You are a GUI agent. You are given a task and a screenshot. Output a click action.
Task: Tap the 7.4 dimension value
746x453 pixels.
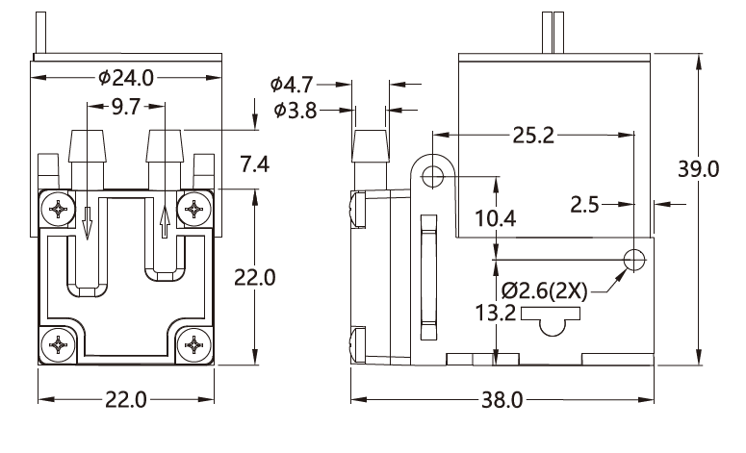pyautogui.click(x=253, y=164)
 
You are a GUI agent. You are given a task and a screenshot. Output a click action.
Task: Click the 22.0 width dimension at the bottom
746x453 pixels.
pyautogui.click(x=125, y=399)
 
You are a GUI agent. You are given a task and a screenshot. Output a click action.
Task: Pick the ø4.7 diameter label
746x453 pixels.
pyautogui.click(x=295, y=84)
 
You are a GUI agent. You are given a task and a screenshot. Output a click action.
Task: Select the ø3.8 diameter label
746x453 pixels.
pyautogui.click(x=295, y=110)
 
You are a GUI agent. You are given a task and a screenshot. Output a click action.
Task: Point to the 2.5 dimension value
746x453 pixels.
pyautogui.click(x=585, y=204)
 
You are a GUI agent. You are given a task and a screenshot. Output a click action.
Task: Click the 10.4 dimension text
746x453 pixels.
pyautogui.click(x=495, y=218)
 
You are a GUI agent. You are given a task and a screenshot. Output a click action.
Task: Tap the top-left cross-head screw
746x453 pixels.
pyautogui.click(x=60, y=207)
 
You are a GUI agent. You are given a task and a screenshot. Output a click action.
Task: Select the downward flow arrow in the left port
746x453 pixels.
pyautogui.click(x=87, y=224)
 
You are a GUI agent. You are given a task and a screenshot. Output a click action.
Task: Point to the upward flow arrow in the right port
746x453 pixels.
pyautogui.click(x=167, y=223)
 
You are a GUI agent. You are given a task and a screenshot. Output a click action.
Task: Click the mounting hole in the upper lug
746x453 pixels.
pyautogui.click(x=432, y=176)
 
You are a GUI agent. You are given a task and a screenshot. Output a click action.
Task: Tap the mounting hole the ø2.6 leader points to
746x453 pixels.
pyautogui.click(x=634, y=259)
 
